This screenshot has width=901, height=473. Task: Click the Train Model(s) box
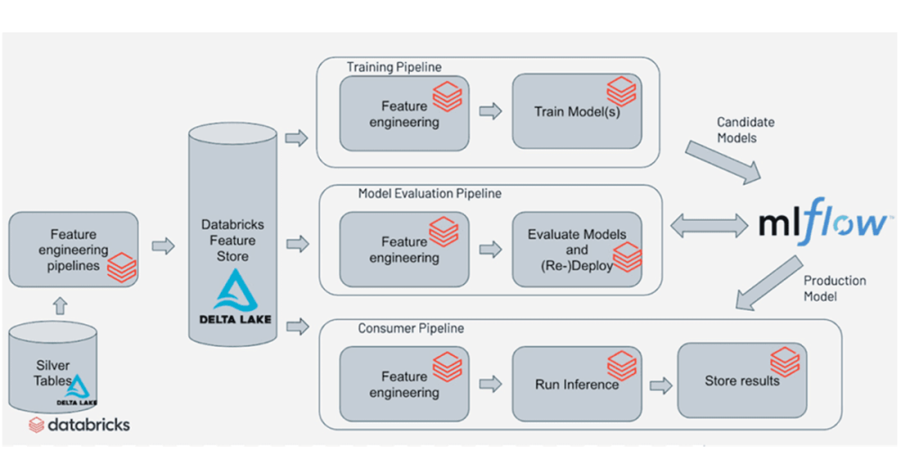(577, 112)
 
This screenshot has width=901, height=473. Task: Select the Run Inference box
(577, 384)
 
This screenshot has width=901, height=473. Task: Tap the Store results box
(742, 380)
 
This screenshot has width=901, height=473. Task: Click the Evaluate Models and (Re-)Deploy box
(577, 250)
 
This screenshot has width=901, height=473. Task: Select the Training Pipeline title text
(395, 68)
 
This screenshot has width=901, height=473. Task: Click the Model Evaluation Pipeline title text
(430, 194)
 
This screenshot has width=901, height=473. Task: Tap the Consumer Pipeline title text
(411, 328)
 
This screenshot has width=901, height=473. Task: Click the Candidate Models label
(745, 130)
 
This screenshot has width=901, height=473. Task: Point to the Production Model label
(834, 288)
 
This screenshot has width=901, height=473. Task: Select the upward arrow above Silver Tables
(60, 305)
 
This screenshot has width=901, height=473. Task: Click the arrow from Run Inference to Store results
(660, 385)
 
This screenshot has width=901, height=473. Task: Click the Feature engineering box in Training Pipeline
(404, 114)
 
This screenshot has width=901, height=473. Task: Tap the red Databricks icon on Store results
(784, 363)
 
